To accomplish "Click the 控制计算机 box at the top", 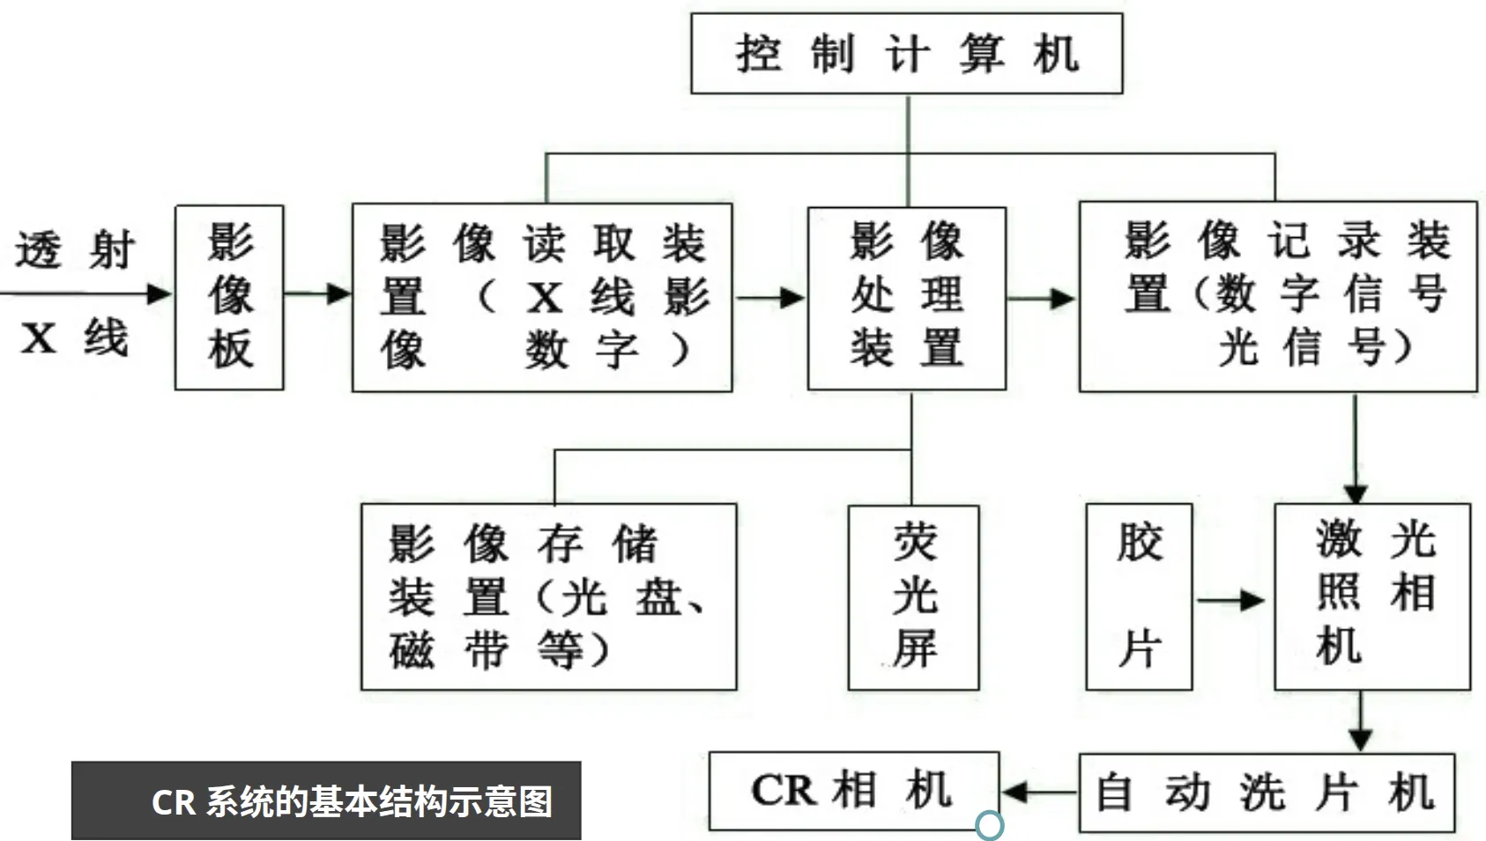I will coord(906,54).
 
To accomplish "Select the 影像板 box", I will coord(229,297).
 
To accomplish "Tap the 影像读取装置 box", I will coord(542,297).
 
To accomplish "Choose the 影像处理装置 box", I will coord(907,298).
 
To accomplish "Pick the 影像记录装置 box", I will coord(1278,296).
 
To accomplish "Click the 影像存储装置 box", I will coord(548,597).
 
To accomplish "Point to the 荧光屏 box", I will coord(913,597).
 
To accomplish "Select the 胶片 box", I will coord(1139,597).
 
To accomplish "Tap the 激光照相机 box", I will coord(1372,596).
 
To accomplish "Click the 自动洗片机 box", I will coord(1267,793).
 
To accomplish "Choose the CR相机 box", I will coord(853,791).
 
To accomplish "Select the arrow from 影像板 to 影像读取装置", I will coord(317,294).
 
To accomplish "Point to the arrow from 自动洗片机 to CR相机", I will coord(1039,792).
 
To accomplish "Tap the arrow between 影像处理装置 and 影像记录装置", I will coord(1042,298).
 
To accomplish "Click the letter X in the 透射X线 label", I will coord(38,339).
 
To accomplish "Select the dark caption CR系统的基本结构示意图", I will coord(326,800).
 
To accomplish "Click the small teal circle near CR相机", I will coord(990,825).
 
